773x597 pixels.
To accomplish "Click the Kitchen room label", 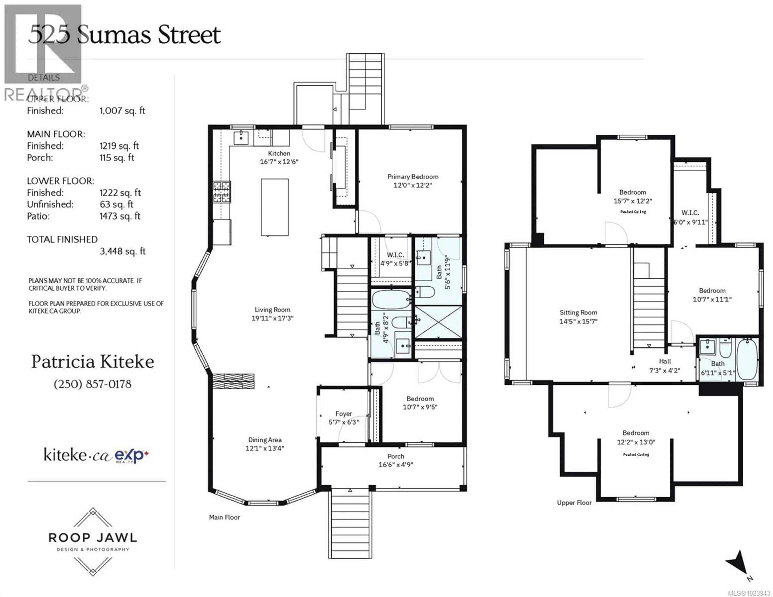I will point(279,153).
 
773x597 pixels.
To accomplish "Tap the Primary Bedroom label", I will point(413,177).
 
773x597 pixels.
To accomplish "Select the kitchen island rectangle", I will point(275,207).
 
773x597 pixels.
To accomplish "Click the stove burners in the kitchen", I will point(222,192).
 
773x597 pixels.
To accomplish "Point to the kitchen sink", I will point(241,138).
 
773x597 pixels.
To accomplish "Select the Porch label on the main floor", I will point(395,456).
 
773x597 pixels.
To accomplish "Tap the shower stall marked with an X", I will point(438,322).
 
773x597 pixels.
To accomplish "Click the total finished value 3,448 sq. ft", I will point(122,251).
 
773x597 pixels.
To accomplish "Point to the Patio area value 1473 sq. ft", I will point(120,216).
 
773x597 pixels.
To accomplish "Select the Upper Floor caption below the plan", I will point(574,502).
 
